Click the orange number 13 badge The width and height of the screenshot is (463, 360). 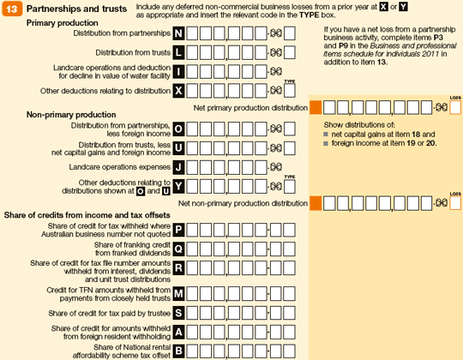tap(12, 9)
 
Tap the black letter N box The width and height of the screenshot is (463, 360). tap(178, 33)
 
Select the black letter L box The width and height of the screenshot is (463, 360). tap(178, 52)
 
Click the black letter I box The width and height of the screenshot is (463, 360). tap(178, 72)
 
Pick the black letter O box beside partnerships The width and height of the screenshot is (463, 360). tap(178, 129)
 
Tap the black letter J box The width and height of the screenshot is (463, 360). tap(178, 167)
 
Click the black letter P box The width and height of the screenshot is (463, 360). tap(178, 230)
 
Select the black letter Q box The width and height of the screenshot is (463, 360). tap(178, 249)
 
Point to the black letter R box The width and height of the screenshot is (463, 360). tap(178, 268)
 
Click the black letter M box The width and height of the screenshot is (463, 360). tap(178, 294)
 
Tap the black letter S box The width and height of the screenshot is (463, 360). tap(178, 313)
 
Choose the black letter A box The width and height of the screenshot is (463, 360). tap(178, 333)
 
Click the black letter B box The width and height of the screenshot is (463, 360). tap(178, 351)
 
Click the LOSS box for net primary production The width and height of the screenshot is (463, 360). tap(455, 107)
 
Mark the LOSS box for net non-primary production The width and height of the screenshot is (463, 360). tap(455, 203)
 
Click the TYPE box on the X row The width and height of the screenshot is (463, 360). tap(290, 91)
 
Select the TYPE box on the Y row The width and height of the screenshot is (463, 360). tap(290, 187)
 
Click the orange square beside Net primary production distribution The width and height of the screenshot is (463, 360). tap(316, 107)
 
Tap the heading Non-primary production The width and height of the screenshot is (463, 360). tap(71, 115)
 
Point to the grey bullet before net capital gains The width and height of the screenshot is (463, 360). tap(326, 135)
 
